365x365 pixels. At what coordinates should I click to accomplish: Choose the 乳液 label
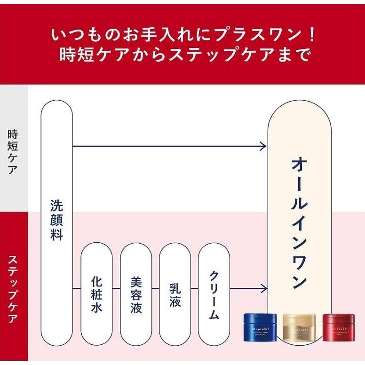point(175,295)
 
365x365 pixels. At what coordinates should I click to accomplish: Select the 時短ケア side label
point(13,151)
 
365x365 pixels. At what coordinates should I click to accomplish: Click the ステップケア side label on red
point(13,288)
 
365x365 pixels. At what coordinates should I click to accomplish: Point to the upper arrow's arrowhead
point(263,146)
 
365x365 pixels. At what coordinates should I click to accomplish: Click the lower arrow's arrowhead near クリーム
point(263,287)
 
